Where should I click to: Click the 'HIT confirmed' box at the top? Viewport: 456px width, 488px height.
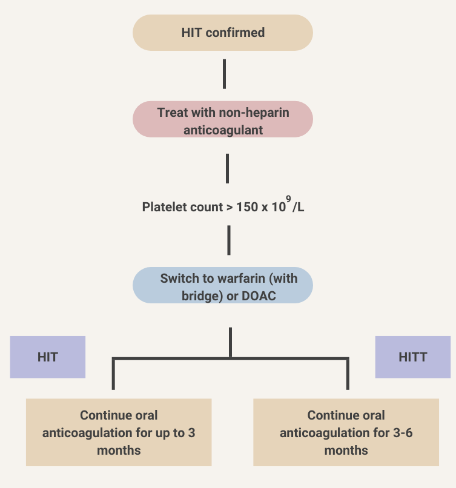click(223, 33)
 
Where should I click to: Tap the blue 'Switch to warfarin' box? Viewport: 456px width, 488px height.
click(223, 285)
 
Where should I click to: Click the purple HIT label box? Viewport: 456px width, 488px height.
click(48, 357)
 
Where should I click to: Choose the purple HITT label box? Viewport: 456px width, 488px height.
click(413, 357)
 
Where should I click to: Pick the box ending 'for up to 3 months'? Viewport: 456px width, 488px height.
click(119, 432)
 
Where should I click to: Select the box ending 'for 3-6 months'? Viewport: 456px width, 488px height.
click(346, 432)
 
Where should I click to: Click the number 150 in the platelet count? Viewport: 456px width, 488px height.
click(246, 207)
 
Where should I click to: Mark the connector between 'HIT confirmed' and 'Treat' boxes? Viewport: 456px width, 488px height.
click(225, 74)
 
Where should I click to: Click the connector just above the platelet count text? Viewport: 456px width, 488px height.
click(227, 168)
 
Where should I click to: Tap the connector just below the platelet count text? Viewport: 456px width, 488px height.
click(229, 240)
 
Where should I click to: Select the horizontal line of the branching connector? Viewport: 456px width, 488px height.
click(230, 360)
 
